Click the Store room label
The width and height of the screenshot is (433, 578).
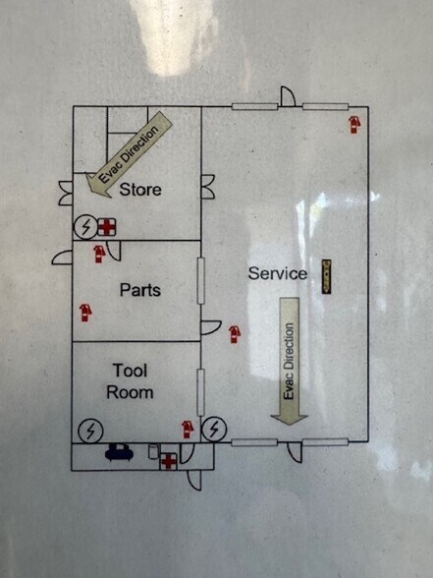pyautogui.click(x=140, y=190)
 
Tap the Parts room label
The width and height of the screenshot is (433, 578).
pyautogui.click(x=140, y=290)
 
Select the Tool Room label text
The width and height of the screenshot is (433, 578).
pyautogui.click(x=130, y=381)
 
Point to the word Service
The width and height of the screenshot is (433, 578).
pyautogui.click(x=278, y=273)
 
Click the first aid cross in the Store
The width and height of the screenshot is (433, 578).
pyautogui.click(x=107, y=227)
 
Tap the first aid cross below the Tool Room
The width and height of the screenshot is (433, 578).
pyautogui.click(x=168, y=462)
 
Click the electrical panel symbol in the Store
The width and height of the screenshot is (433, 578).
pyautogui.click(x=86, y=227)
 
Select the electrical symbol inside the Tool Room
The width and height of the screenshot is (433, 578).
pyautogui.click(x=90, y=431)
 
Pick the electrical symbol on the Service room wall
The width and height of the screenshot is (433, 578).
pyautogui.click(x=214, y=429)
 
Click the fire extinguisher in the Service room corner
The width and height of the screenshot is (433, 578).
pyautogui.click(x=354, y=125)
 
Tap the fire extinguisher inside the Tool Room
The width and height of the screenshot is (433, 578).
pyautogui.click(x=188, y=430)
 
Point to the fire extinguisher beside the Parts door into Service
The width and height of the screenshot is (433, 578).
pyautogui.click(x=235, y=334)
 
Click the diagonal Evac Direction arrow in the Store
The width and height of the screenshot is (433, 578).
pyautogui.click(x=128, y=155)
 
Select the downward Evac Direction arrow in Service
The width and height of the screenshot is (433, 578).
pyautogui.click(x=289, y=362)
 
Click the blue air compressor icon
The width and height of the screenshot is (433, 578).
pyautogui.click(x=119, y=452)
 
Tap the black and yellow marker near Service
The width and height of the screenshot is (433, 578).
pyautogui.click(x=327, y=277)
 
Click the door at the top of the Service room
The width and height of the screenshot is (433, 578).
pyautogui.click(x=288, y=96)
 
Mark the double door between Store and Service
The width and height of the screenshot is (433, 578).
pyautogui.click(x=208, y=187)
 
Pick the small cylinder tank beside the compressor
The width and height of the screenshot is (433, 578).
pyautogui.click(x=153, y=451)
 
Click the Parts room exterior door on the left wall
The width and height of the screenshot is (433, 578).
pyautogui.click(x=62, y=257)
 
